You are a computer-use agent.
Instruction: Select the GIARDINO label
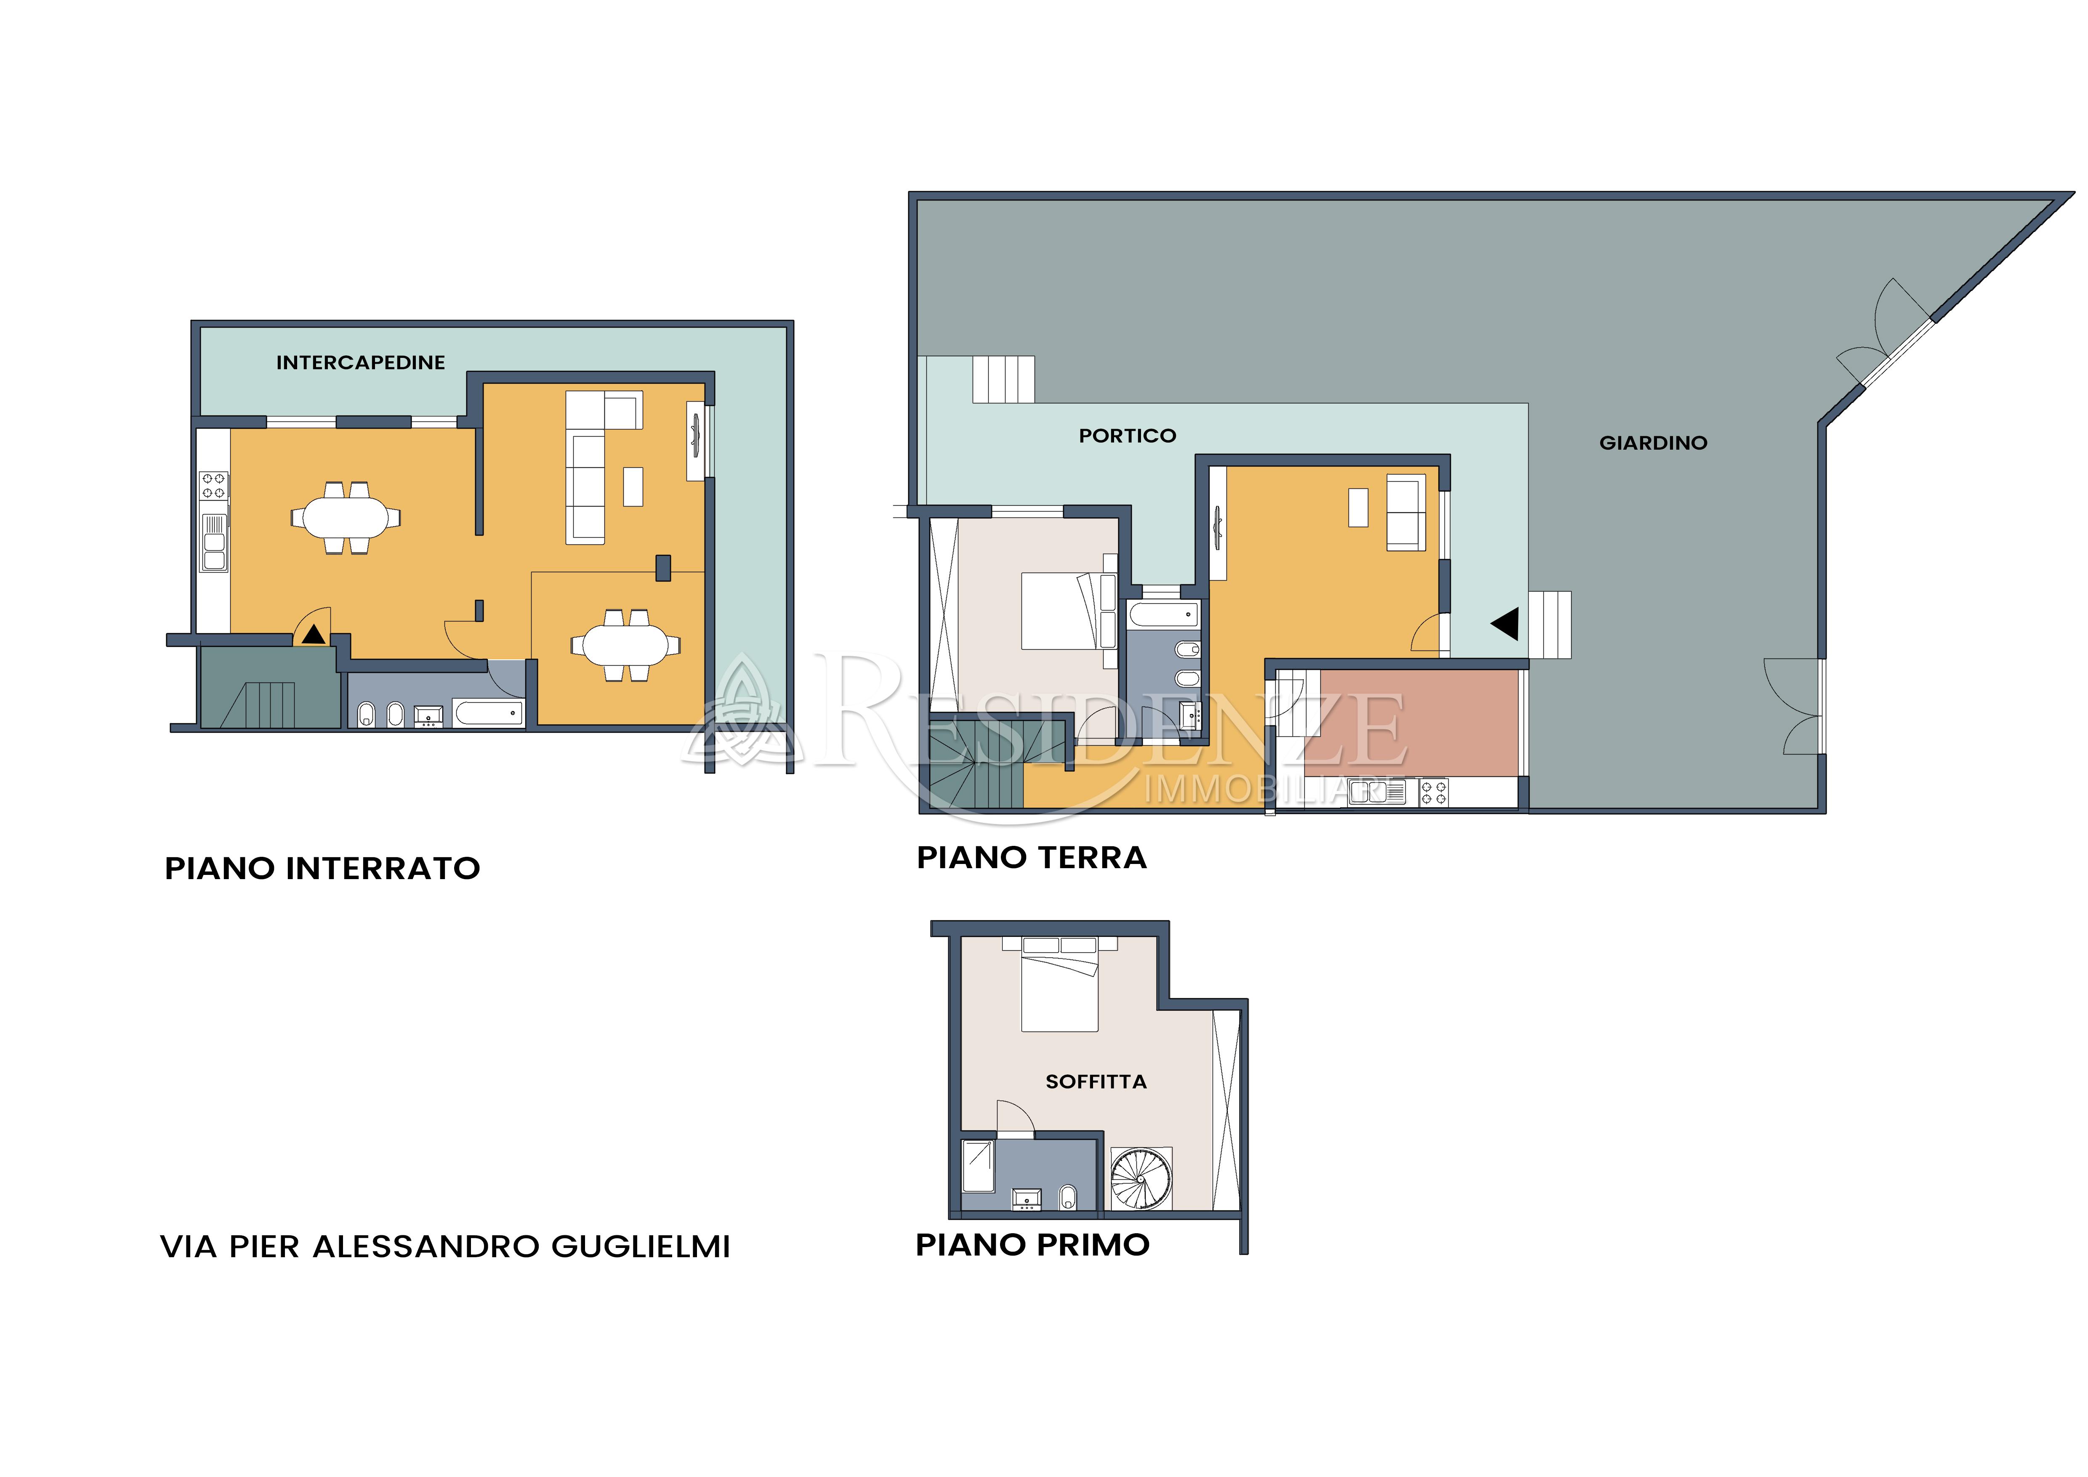pyautogui.click(x=1653, y=443)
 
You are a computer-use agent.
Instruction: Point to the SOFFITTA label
pyautogui.click(x=1096, y=1081)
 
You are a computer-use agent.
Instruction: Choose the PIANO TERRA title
pyautogui.click(x=1031, y=858)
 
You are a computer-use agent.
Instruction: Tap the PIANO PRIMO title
pyautogui.click(x=1032, y=1244)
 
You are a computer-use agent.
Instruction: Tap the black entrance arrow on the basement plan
pyautogui.click(x=314, y=634)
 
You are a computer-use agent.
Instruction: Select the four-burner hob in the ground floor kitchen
pyautogui.click(x=1434, y=792)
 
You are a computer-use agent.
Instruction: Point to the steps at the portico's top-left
pyautogui.click(x=1004, y=379)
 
